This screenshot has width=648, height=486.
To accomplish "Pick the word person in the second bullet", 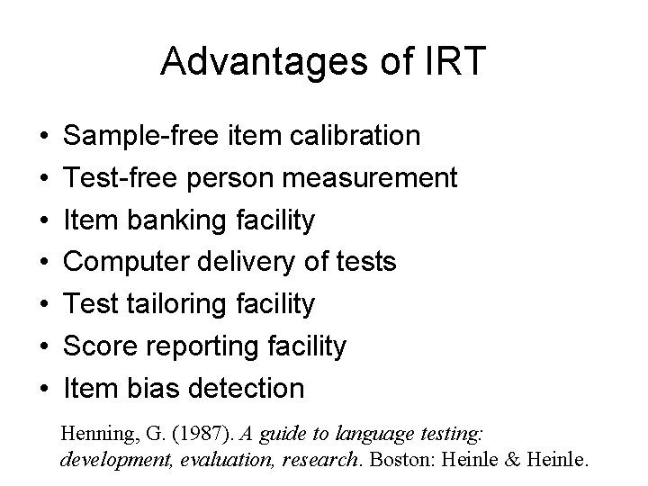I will click(232, 177).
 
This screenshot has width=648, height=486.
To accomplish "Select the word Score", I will click(100, 346).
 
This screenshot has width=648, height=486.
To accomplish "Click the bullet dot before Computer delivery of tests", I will click(43, 263).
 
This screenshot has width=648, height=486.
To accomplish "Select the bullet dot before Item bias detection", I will click(43, 390).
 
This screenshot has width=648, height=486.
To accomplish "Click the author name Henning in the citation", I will click(94, 434).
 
